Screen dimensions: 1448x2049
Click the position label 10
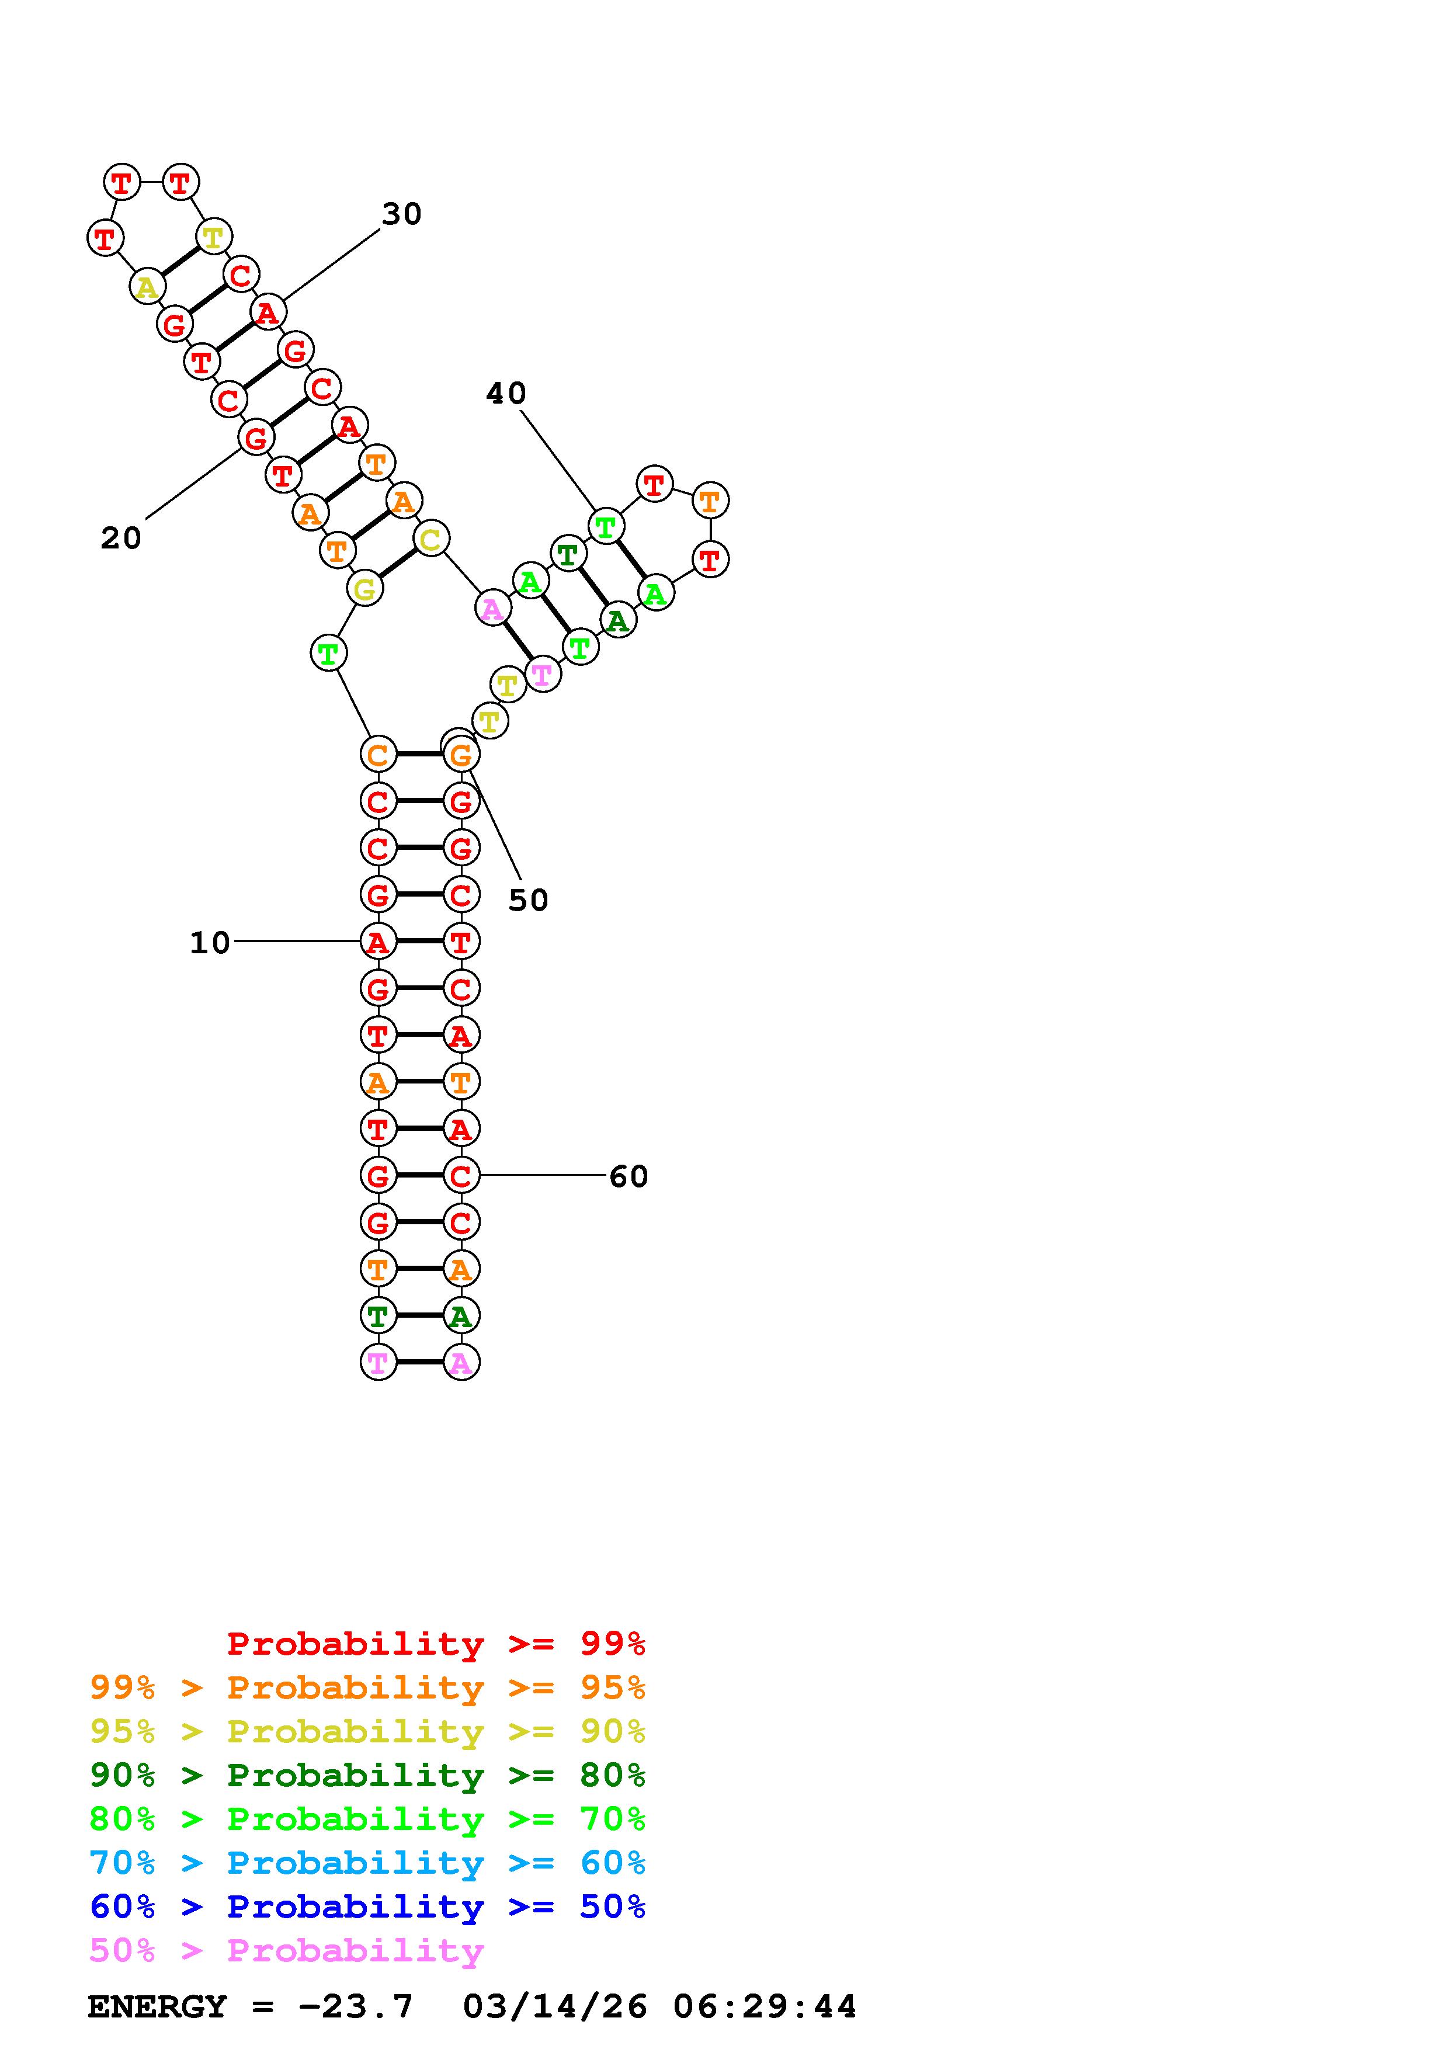pos(210,942)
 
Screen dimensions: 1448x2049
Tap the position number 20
pos(120,538)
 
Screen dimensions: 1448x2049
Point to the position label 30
pos(401,214)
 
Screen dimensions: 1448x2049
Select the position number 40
pos(506,394)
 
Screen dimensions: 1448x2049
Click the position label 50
pos(528,901)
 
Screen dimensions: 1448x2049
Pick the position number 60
pos(628,1176)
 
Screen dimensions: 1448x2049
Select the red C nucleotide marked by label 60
pos(460,1175)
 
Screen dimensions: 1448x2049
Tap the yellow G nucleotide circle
pos(364,589)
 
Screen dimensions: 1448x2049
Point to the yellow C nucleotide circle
pos(431,539)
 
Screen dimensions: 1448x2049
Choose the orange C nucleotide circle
pos(377,754)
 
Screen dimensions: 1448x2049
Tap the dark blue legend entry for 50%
pos(367,1906)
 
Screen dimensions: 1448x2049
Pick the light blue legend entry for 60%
pos(367,1863)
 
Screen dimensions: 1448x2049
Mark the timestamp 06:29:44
pos(765,2007)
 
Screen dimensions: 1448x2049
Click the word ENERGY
pos(157,2007)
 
